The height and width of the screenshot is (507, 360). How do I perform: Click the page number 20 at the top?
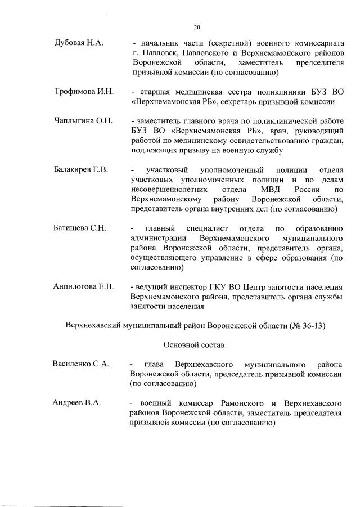click(x=197, y=26)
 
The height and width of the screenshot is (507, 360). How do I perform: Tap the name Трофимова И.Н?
click(x=83, y=92)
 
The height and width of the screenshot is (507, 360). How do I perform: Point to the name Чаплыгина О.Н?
click(x=83, y=121)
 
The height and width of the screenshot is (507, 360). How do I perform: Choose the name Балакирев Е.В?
click(x=80, y=169)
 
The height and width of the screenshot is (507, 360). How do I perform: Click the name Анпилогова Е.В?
click(x=84, y=287)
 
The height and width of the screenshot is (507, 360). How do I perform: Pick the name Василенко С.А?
click(x=80, y=364)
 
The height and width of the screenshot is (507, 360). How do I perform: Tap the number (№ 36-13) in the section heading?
click(x=308, y=325)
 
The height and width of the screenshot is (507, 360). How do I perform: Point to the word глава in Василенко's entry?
click(x=154, y=364)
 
